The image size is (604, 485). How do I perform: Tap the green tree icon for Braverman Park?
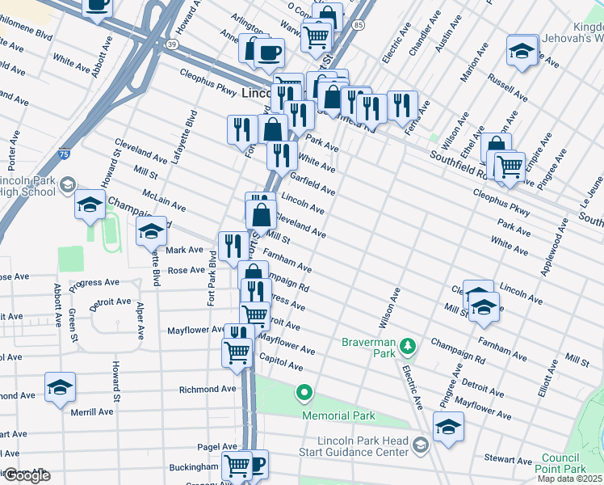click(x=409, y=347)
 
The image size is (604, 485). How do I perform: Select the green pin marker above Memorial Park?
click(x=304, y=394)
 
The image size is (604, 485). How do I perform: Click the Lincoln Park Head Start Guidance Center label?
click(x=355, y=446)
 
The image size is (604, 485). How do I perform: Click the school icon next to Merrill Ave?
click(x=60, y=388)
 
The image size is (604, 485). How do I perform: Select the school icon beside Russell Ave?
click(x=522, y=52)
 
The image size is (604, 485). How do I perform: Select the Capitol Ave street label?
click(x=280, y=362)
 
